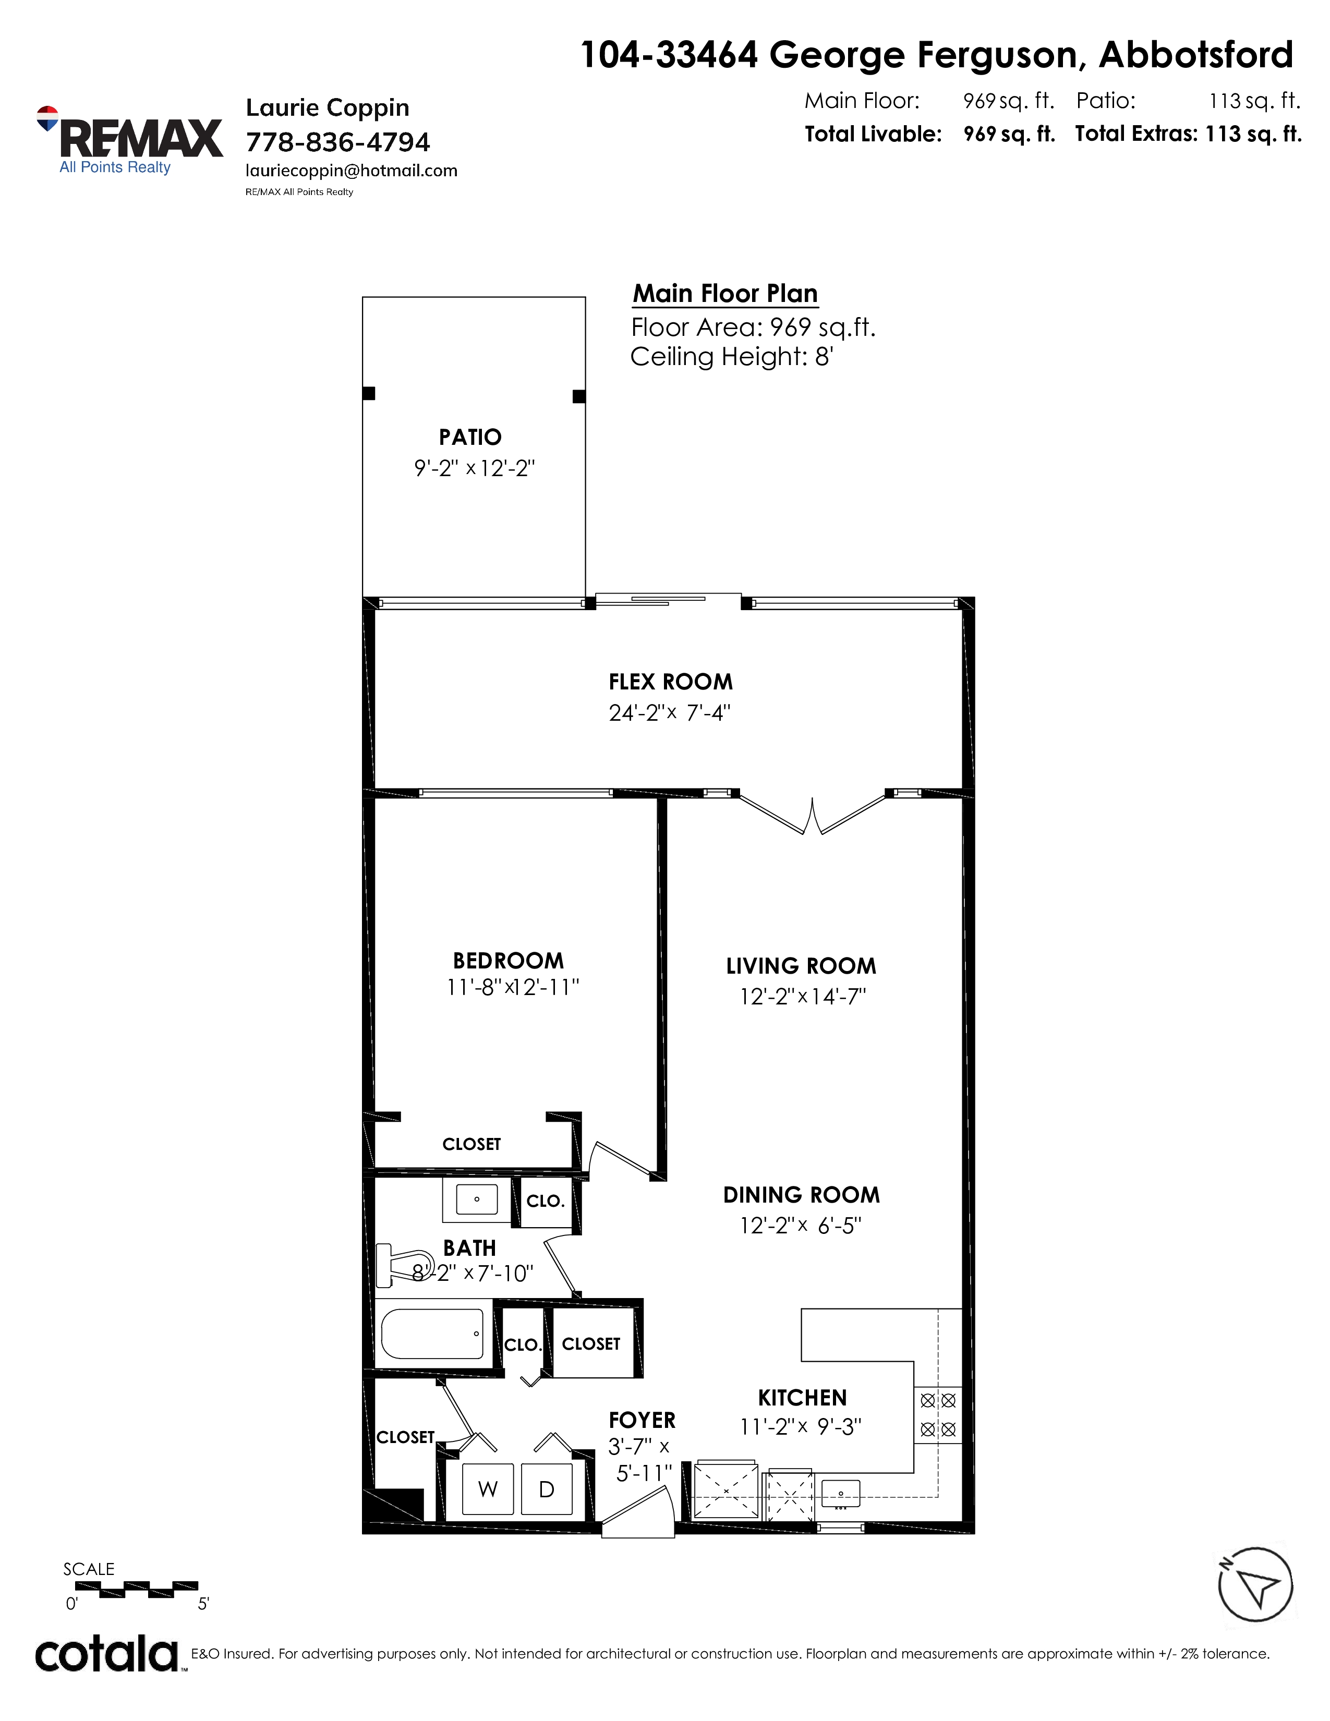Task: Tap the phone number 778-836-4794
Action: pos(338,142)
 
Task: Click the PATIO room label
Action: pos(470,437)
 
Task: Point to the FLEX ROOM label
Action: pos(671,682)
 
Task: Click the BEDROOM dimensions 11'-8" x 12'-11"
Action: pos(513,987)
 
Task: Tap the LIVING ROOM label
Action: pos(801,966)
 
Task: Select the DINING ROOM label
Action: pos(801,1195)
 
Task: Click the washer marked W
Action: pos(488,1489)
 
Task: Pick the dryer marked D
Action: pos(546,1489)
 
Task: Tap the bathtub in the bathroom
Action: pos(432,1334)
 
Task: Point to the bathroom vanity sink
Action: pos(477,1199)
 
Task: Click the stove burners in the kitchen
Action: pos(938,1414)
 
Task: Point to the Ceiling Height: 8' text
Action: pos(732,357)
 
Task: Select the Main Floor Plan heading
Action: pos(726,294)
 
